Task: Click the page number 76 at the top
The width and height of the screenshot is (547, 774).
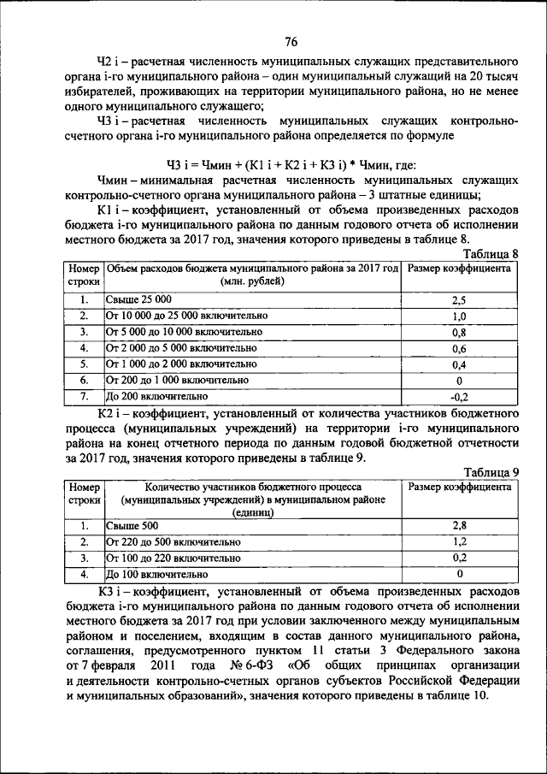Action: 291,42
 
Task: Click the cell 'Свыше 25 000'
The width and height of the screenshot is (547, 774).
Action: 139,299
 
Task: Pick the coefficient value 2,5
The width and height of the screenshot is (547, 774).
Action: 459,300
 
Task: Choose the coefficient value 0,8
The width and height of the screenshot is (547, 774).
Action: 459,332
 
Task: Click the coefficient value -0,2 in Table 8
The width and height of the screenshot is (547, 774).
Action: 459,396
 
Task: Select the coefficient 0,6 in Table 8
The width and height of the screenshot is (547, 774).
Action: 459,348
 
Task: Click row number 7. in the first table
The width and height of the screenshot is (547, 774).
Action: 85,396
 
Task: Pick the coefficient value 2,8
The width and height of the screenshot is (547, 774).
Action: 459,526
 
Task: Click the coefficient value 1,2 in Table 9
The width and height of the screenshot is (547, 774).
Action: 459,542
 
